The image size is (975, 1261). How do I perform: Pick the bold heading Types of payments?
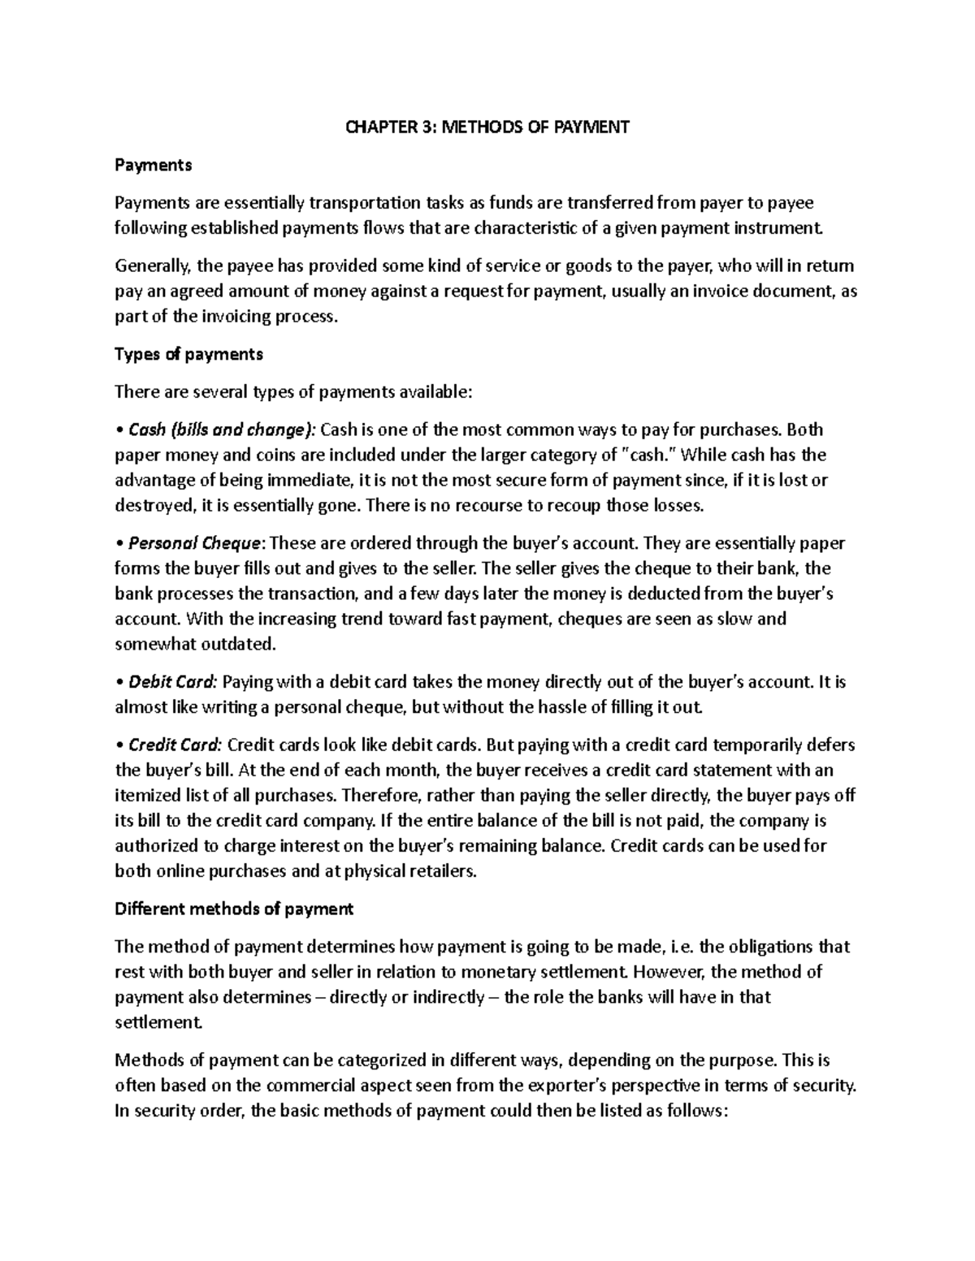189,354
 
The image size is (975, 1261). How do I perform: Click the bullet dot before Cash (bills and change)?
119,430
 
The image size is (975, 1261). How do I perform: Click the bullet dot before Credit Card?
119,745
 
